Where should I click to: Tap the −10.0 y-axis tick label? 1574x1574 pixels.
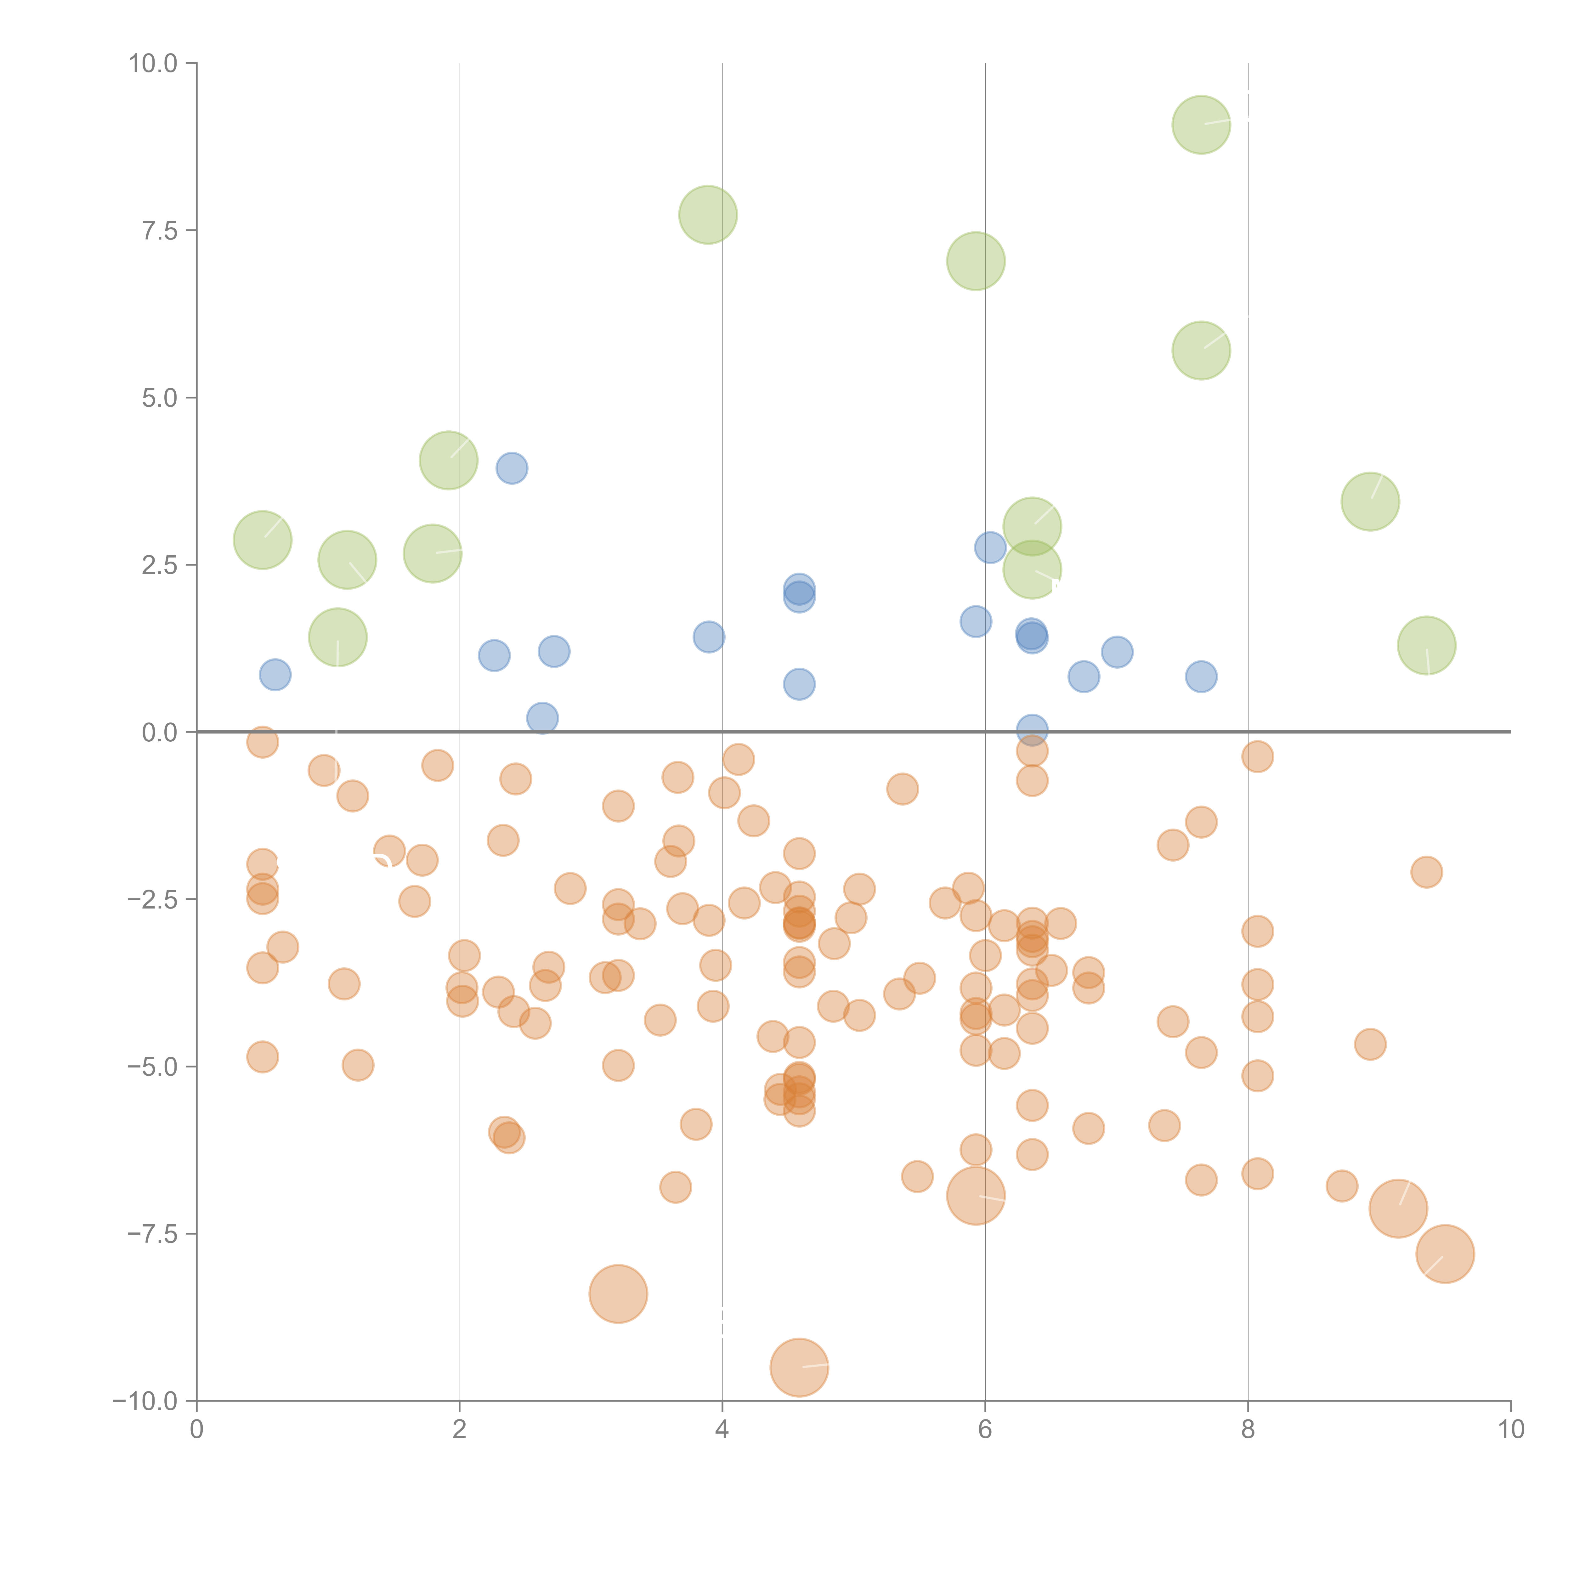(x=145, y=1401)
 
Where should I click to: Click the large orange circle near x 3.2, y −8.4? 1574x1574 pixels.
(x=618, y=1294)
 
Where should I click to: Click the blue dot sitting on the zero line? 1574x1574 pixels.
(x=1032, y=730)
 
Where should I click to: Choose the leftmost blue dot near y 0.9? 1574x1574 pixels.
(x=275, y=675)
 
